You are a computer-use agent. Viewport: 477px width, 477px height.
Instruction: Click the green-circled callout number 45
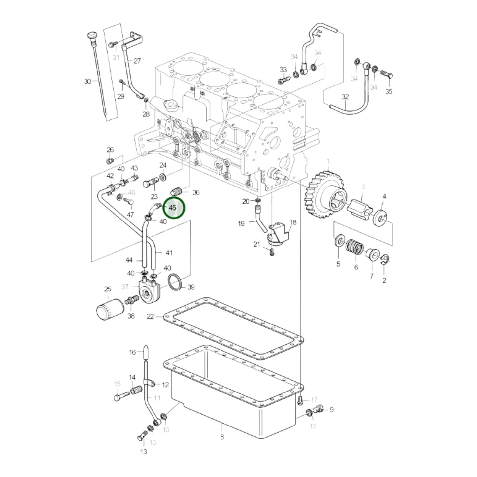(x=173, y=208)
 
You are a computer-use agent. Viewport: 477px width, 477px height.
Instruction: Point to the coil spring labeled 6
(x=355, y=247)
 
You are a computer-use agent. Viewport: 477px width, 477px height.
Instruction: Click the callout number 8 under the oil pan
(x=222, y=437)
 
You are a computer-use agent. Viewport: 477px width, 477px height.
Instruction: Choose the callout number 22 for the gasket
(x=150, y=316)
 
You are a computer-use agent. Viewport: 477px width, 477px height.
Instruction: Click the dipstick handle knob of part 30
(x=91, y=36)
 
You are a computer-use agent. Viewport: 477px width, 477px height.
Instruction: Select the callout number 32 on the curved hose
(x=345, y=97)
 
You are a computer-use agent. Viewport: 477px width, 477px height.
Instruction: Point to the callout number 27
(x=137, y=61)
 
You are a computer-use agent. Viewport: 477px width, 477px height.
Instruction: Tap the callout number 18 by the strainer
(x=293, y=222)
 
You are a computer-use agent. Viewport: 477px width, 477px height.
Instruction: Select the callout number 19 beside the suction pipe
(x=241, y=224)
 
